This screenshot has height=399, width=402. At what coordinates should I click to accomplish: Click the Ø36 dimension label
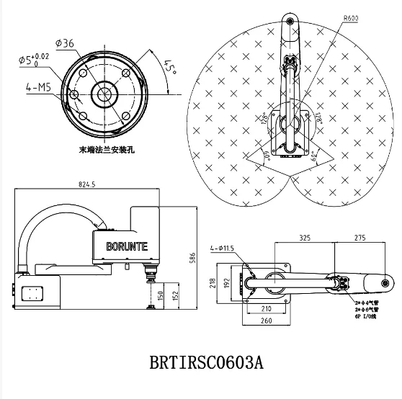coord(66,43)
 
